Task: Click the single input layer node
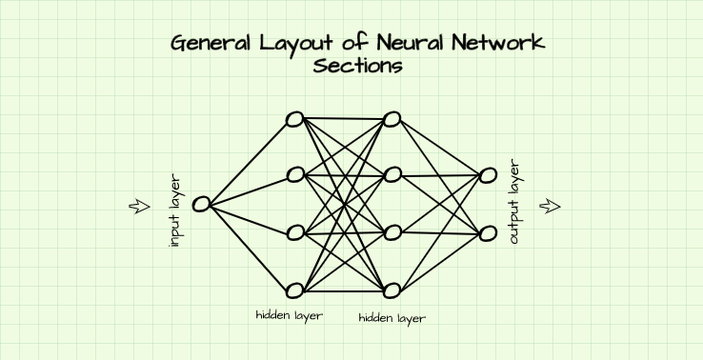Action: pos(201,203)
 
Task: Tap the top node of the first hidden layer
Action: pos(294,119)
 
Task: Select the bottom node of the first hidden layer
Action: pos(294,290)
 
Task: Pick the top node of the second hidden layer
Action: pos(392,119)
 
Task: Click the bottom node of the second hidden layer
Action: pos(392,290)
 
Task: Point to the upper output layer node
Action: pos(488,174)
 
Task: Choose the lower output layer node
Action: pos(488,233)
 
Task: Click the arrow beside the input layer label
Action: pos(140,206)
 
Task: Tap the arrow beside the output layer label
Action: pos(551,206)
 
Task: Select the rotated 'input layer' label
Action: pos(173,210)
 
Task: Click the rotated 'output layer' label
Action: pos(515,202)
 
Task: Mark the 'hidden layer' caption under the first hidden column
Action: pos(289,315)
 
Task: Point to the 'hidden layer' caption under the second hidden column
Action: pos(392,318)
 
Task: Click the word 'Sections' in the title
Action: pos(357,67)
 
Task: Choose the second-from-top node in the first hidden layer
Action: pos(295,174)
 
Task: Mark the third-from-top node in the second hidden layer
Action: pos(392,232)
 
